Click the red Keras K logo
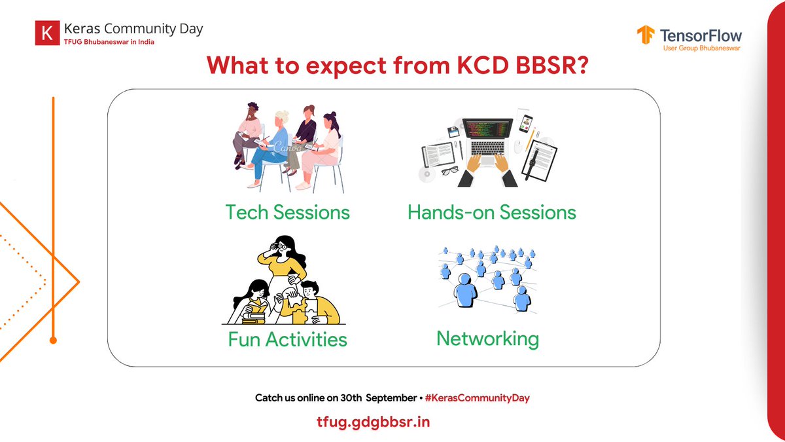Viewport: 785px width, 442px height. (47, 33)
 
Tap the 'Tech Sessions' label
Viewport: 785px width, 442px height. (287, 212)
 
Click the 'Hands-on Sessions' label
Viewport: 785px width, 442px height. (491, 212)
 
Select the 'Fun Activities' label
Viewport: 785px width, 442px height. (287, 339)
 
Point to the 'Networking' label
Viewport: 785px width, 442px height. (487, 339)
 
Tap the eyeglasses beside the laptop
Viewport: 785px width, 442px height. (449, 172)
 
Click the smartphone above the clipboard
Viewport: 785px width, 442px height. (526, 122)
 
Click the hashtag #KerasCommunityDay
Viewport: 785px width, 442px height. (476, 398)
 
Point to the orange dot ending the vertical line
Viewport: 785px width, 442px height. (54, 341)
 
